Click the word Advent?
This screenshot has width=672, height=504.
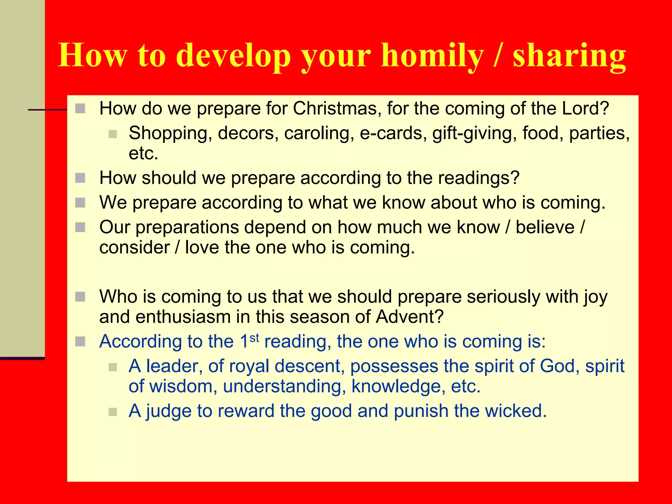coord(410,317)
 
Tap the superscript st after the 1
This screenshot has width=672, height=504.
coord(254,338)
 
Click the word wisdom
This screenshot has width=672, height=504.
coord(183,386)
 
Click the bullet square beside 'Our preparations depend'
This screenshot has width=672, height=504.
coord(80,227)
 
